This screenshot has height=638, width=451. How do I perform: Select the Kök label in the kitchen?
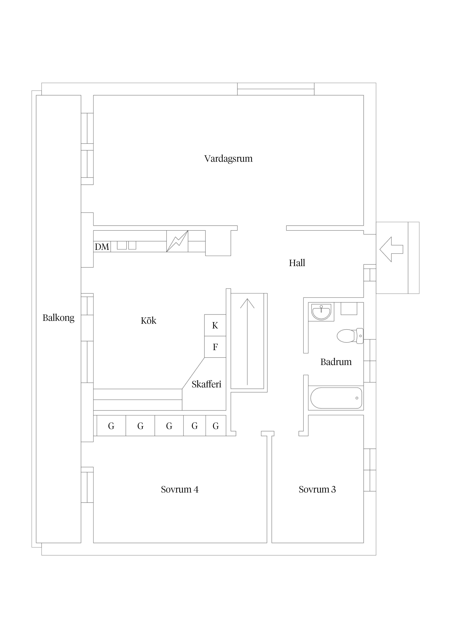[x=148, y=321]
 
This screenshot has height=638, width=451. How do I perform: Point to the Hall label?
[x=297, y=263]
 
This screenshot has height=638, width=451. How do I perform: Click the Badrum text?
[x=336, y=362]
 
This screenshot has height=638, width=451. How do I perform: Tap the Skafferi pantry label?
[x=206, y=384]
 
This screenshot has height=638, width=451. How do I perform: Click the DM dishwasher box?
[x=102, y=246]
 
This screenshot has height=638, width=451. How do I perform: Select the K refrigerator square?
[x=215, y=325]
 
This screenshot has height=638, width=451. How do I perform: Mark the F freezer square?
[x=215, y=347]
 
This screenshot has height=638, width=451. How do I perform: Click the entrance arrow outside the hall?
[x=391, y=249]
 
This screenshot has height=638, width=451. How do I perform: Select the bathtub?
[x=336, y=398]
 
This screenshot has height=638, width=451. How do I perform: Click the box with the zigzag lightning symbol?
[x=177, y=241]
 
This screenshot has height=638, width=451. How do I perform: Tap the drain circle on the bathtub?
[x=357, y=398]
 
